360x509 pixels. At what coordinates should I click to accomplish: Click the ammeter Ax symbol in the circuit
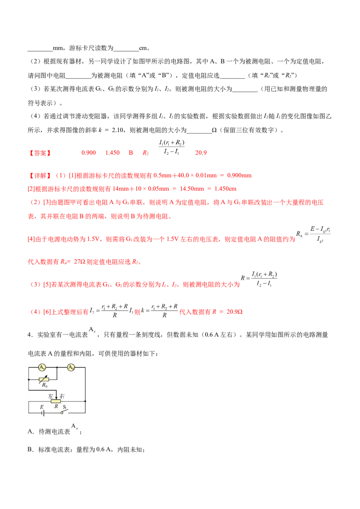[42, 367]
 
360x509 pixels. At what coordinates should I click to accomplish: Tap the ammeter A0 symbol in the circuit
[71, 367]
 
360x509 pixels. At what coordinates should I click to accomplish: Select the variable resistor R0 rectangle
[44, 379]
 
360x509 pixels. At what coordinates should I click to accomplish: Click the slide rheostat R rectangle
[56, 401]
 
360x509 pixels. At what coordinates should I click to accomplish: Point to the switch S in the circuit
[65, 411]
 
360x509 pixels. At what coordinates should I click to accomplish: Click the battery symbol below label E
[42, 413]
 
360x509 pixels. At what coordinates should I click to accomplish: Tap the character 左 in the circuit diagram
[51, 396]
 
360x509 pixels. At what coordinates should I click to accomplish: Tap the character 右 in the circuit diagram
[62, 396]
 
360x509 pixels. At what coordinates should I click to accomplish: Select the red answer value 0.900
[88, 153]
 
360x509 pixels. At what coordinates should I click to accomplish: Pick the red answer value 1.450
[112, 153]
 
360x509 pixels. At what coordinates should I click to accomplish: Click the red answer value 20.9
[201, 153]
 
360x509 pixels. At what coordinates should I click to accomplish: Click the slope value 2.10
[117, 130]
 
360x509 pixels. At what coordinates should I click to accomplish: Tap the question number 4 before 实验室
[29, 335]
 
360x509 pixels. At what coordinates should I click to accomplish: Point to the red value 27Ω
[79, 262]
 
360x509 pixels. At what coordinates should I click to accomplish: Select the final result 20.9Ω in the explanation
[234, 312]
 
